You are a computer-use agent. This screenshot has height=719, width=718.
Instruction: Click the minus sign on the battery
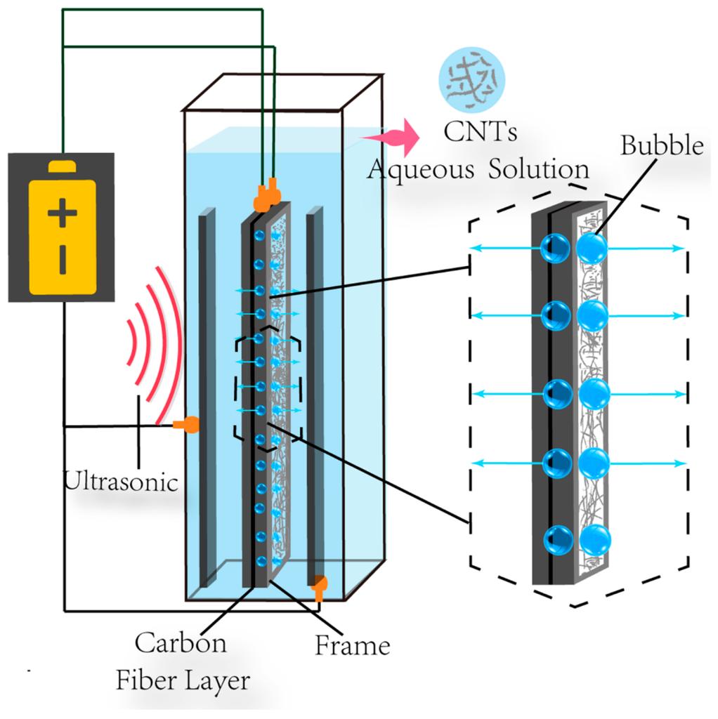tap(63, 260)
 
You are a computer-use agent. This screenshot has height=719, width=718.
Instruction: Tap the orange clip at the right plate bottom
tap(319, 585)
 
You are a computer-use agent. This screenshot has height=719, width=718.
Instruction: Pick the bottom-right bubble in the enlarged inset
tap(594, 539)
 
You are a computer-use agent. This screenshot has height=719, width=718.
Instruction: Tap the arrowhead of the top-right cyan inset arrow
tap(679, 248)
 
